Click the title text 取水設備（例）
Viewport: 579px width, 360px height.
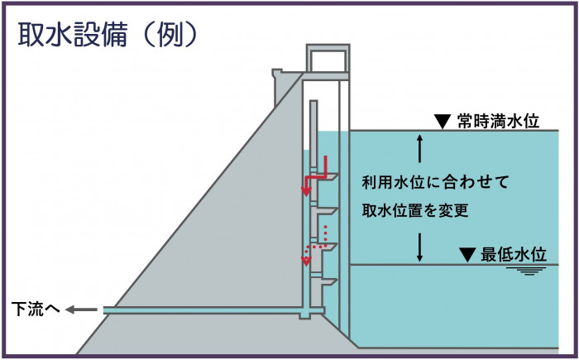click(108, 34)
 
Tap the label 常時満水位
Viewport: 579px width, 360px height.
click(498, 122)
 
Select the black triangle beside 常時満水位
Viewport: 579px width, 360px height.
click(441, 121)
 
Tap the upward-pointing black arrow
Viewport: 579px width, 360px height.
click(420, 148)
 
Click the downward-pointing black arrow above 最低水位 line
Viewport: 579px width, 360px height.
click(420, 247)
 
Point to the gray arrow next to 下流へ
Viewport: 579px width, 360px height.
click(80, 310)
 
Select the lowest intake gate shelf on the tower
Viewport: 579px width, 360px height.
click(328, 282)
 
